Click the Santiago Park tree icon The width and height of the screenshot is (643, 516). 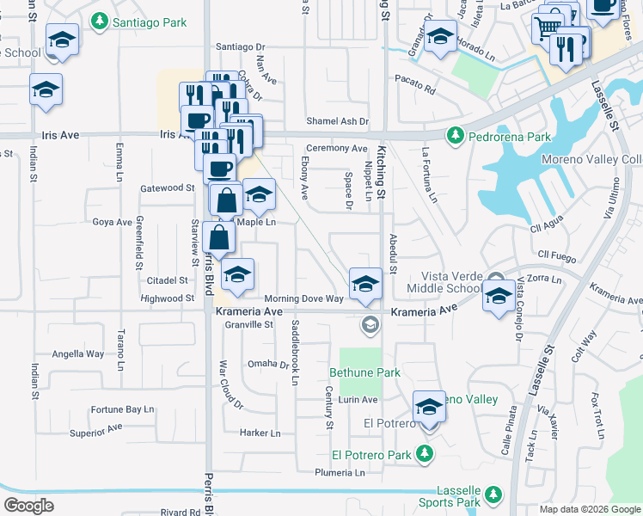(101, 20)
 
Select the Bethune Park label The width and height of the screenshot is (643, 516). (365, 372)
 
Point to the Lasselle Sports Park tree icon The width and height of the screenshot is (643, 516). (492, 494)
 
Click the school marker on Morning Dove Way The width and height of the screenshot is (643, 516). (365, 284)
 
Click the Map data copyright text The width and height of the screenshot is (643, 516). (590, 509)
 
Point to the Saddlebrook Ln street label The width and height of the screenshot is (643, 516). (295, 352)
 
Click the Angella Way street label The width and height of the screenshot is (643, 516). (78, 353)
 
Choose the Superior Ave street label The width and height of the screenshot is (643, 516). (96, 427)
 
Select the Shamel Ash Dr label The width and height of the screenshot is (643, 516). (338, 122)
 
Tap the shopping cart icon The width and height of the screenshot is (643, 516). (548, 28)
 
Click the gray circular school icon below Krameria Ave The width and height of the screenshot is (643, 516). (370, 324)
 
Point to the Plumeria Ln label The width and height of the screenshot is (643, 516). (346, 472)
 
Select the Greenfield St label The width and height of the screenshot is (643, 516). (138, 243)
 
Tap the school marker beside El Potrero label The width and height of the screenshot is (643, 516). (429, 408)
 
